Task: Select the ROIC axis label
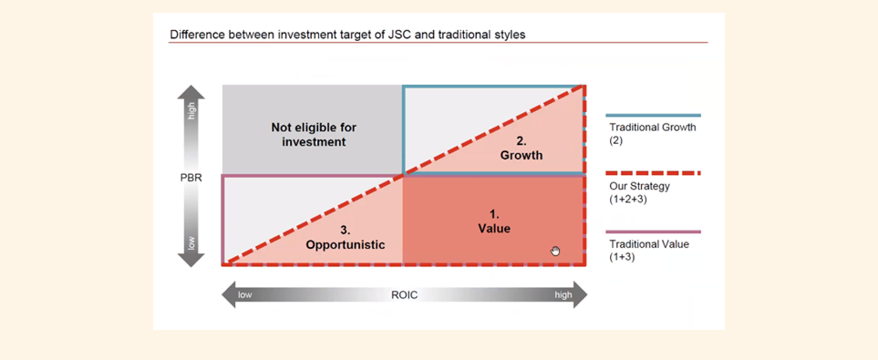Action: point(404,295)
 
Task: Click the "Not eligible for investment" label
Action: point(314,135)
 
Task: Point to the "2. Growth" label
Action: point(522,149)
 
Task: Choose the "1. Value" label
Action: point(494,221)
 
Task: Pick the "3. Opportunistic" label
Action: point(346,238)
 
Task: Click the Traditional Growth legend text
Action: point(652,132)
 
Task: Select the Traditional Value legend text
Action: point(648,250)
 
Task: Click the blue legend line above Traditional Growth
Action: point(653,116)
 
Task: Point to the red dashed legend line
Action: point(653,173)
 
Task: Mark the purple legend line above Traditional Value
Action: point(653,231)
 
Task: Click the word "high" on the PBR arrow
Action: point(191,111)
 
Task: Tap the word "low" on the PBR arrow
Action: point(191,243)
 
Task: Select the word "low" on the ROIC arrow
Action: point(244,295)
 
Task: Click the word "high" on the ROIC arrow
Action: point(563,295)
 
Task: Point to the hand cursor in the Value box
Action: point(555,251)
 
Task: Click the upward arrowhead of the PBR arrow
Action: point(191,91)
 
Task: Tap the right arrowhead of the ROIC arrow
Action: point(581,295)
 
